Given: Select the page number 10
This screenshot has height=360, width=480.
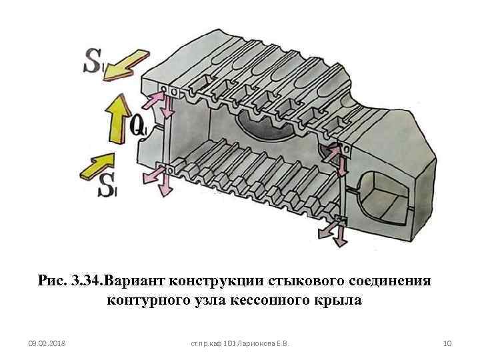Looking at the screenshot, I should click(x=447, y=343).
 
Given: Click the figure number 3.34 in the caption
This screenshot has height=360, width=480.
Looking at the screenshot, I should click(x=87, y=281).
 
